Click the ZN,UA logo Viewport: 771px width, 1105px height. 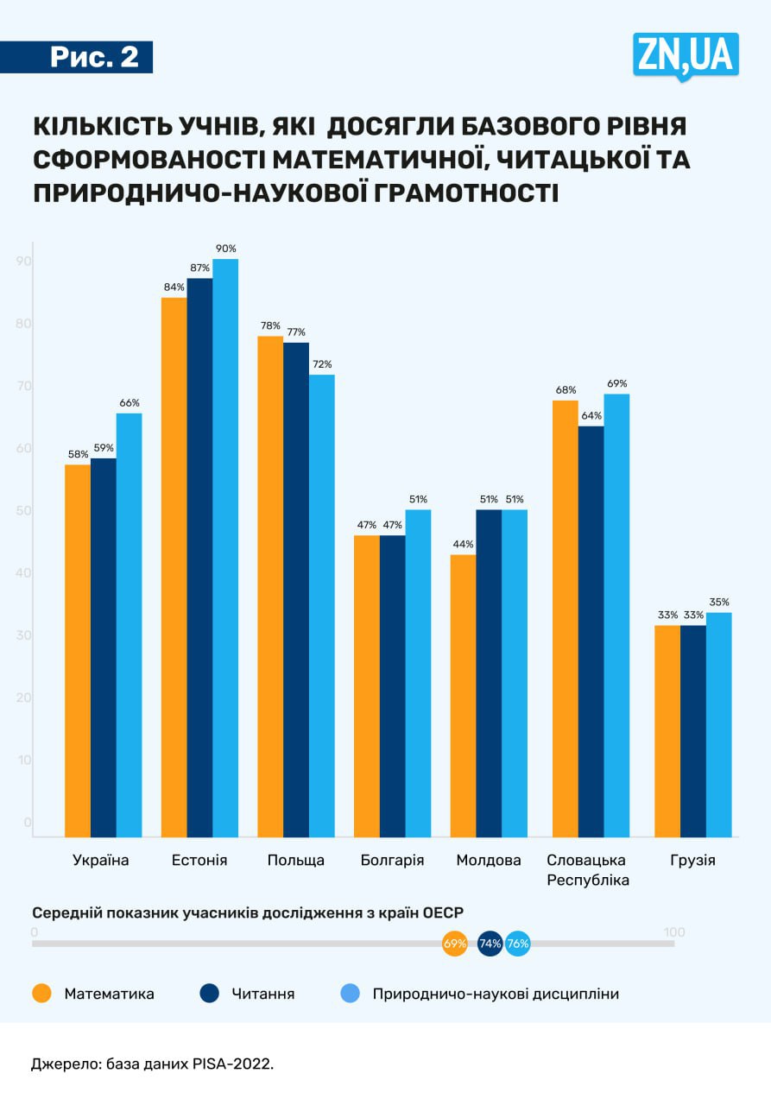[686, 55]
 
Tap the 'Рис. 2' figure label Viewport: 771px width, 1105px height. [93, 57]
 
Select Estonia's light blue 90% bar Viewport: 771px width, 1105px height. [225, 547]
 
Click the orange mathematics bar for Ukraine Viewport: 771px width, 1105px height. [78, 650]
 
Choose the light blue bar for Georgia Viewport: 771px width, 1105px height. [718, 724]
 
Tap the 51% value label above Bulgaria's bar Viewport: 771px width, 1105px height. [419, 499]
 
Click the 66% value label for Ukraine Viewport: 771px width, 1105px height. [130, 402]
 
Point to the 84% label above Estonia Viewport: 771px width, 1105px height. [174, 287]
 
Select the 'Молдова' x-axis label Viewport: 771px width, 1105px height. [489, 861]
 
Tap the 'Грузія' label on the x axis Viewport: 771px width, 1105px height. [693, 861]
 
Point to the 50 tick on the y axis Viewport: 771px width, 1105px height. [24, 511]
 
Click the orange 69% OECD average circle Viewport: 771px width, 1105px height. [454, 944]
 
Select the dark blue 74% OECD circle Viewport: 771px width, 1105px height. [490, 944]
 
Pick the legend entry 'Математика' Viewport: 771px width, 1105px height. [109, 994]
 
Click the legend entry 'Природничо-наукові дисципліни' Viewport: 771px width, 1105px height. [496, 994]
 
